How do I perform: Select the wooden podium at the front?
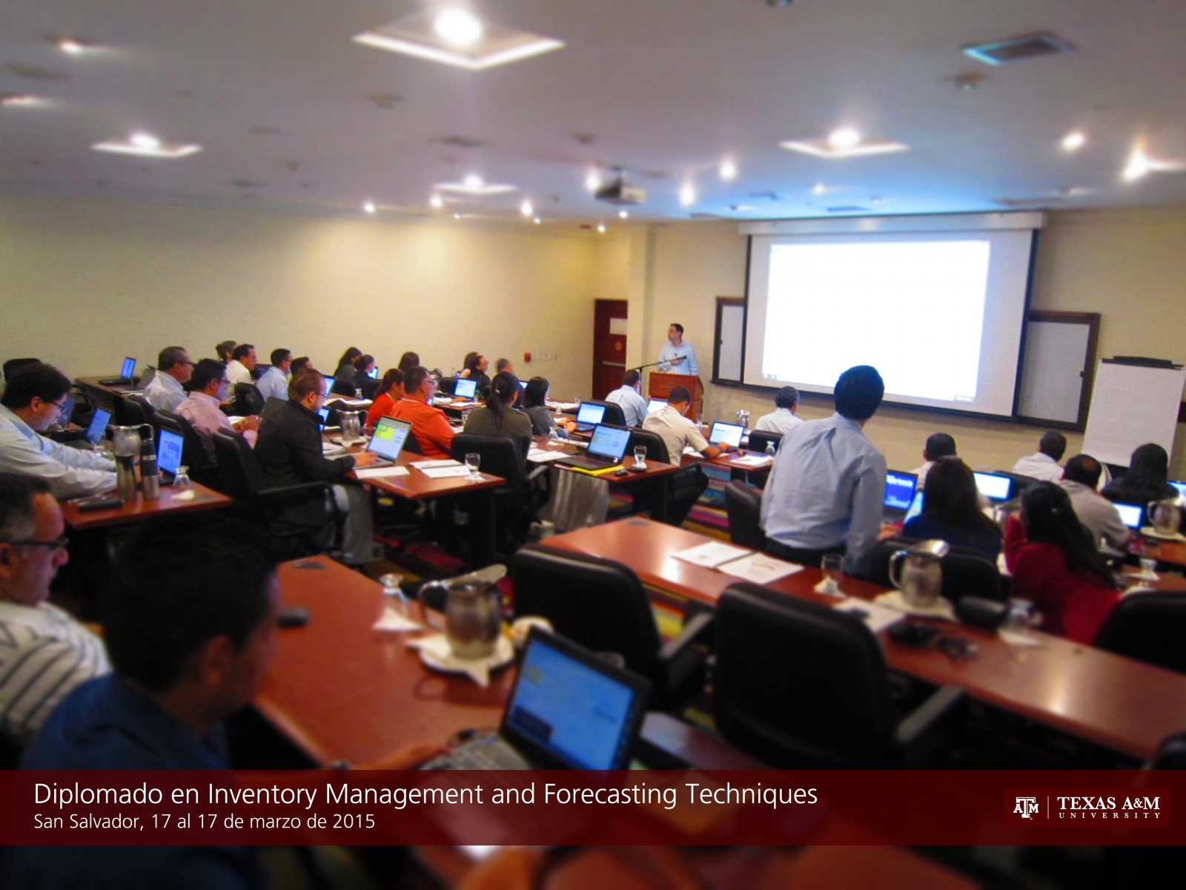pos(675,392)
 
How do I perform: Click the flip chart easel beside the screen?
pos(1133,411)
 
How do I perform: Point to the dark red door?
pos(610,349)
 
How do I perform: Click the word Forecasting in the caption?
pos(610,795)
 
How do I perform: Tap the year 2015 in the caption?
pos(354,821)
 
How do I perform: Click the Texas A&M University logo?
pos(1087,808)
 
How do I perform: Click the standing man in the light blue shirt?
pos(824,465)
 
